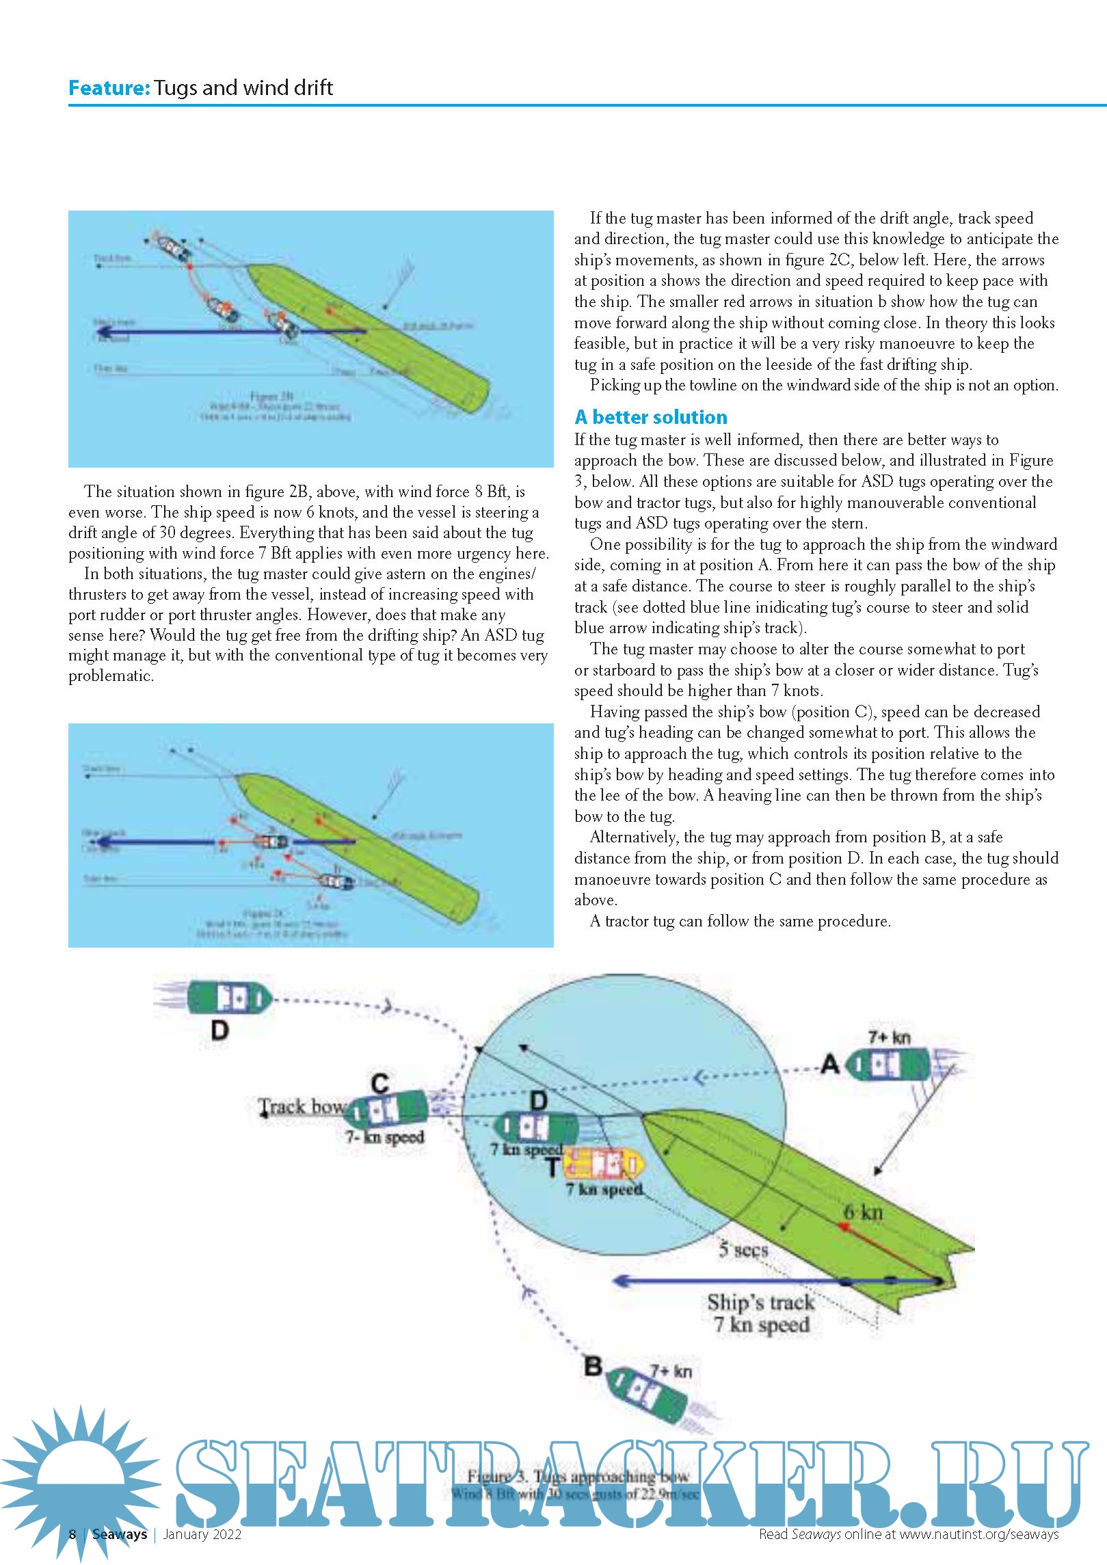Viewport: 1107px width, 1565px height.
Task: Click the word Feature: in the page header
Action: pyautogui.click(x=109, y=88)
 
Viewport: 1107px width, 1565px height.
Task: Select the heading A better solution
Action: pyautogui.click(x=650, y=417)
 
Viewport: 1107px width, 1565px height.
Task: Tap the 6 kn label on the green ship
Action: pyautogui.click(x=863, y=1213)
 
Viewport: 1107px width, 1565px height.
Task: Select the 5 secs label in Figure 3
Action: pyautogui.click(x=743, y=1250)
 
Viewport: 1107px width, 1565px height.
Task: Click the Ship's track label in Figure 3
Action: pyautogui.click(x=760, y=1302)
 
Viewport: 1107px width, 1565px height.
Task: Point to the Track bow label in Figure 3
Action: pyautogui.click(x=302, y=1107)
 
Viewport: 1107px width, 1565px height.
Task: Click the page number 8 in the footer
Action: pyautogui.click(x=72, y=1534)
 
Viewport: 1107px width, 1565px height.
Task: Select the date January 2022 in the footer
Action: pyautogui.click(x=202, y=1534)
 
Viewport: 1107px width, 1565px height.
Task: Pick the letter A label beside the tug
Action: pyautogui.click(x=829, y=1064)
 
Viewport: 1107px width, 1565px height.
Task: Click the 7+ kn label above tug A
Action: pyautogui.click(x=889, y=1037)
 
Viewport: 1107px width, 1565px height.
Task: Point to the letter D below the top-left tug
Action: pyautogui.click(x=219, y=1030)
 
